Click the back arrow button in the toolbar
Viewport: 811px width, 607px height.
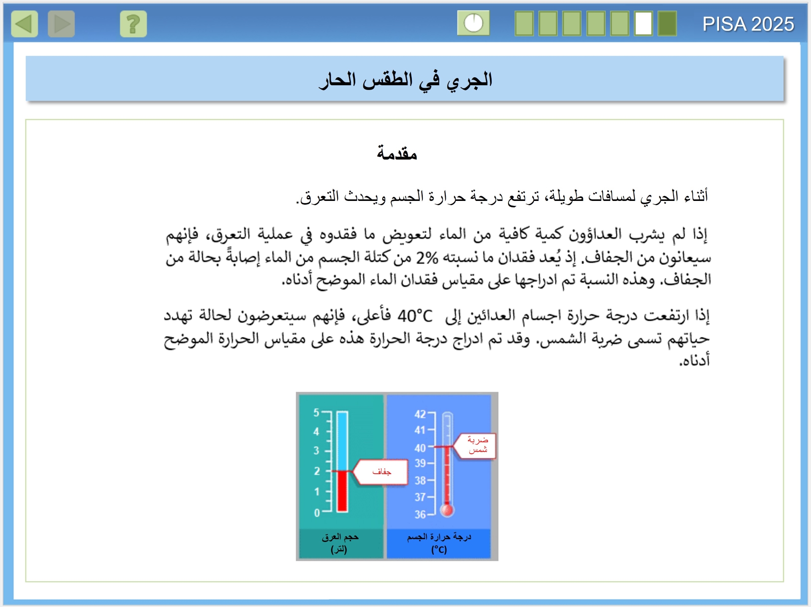coord(24,24)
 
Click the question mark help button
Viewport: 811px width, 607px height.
coord(133,24)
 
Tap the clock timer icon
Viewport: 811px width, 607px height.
coord(474,23)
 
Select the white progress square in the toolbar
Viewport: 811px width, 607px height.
coord(643,24)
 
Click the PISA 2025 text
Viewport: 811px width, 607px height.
coord(748,24)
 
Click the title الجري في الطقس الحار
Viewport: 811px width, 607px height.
coord(405,79)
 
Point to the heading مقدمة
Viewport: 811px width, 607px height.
coord(397,153)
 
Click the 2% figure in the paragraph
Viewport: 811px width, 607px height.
coord(427,257)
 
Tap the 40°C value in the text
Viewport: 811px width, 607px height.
coord(415,316)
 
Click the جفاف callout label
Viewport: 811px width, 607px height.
coord(381,472)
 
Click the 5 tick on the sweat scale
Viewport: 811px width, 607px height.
coord(316,412)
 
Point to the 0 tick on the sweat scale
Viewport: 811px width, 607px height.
coord(317,513)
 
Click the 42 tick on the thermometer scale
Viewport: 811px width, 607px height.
coord(420,414)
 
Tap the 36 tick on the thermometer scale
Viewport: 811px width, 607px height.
coord(420,515)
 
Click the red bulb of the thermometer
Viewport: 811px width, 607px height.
coord(447,510)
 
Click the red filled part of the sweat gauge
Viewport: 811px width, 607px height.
coord(342,491)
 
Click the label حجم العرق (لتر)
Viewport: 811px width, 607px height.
coord(340,543)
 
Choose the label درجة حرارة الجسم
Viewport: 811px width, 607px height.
coord(439,537)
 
